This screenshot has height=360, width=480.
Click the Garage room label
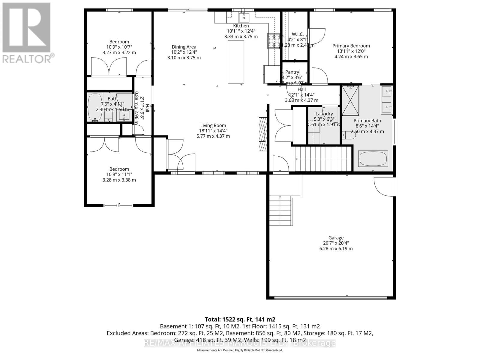(x=336, y=238)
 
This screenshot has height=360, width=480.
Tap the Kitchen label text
(x=241, y=26)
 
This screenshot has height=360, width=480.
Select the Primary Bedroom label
(x=351, y=46)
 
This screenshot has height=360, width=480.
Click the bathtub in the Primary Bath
(x=373, y=159)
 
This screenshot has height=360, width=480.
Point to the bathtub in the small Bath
(x=95, y=107)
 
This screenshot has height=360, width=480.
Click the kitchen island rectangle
(x=236, y=62)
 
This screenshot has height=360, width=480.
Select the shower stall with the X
(x=350, y=100)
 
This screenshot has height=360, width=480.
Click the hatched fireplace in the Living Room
(x=263, y=134)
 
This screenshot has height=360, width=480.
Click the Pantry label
(x=292, y=72)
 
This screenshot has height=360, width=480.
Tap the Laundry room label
(x=324, y=114)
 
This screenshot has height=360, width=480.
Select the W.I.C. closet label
(x=298, y=34)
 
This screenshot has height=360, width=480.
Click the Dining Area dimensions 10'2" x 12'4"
(x=184, y=52)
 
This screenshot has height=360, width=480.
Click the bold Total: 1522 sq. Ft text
(x=240, y=319)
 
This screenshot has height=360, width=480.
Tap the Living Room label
(x=213, y=125)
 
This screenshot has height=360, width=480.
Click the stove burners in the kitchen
(x=273, y=41)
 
